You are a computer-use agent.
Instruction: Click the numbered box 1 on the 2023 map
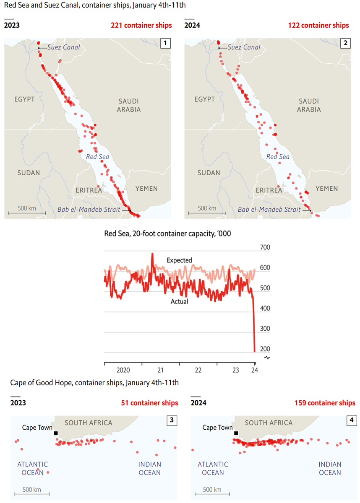coord(165,43)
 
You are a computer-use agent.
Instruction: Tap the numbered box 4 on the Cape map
coord(352,420)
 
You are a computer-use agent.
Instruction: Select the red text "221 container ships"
coord(141,25)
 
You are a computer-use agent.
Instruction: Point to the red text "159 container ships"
coord(325,403)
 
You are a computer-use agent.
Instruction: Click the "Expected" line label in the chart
coord(179,260)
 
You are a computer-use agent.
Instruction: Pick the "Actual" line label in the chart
coord(179,301)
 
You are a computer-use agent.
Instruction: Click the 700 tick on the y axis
coord(265,247)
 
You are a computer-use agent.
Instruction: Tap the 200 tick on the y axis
coord(265,349)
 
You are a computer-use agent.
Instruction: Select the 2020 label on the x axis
coord(123,370)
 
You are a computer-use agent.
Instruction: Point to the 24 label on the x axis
coord(254,370)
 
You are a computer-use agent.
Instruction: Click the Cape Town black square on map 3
coord(56,433)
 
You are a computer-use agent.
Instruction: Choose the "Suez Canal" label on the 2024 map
coord(244,47)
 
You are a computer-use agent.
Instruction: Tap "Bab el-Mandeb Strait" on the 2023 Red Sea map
coord(89,209)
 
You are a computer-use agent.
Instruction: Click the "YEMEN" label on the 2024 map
coord(327,189)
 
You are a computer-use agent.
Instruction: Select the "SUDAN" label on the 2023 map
coord(29,173)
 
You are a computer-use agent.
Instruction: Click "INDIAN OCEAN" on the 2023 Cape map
coord(150,468)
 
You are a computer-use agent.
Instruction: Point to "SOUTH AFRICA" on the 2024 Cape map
coord(269,423)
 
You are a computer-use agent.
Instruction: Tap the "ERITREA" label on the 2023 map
coord(89,190)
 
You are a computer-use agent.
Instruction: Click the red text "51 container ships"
coord(149,403)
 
